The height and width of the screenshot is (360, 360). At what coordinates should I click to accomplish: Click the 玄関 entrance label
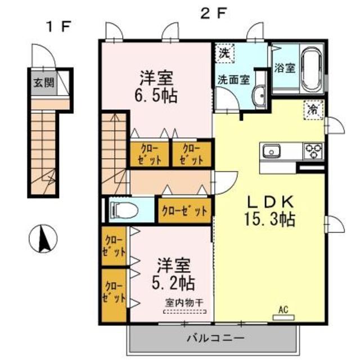43,83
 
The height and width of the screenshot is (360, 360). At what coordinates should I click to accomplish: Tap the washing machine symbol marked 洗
224,54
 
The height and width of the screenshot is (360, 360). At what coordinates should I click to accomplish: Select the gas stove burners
312,150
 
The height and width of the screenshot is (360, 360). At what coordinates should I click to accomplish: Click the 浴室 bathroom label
285,68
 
